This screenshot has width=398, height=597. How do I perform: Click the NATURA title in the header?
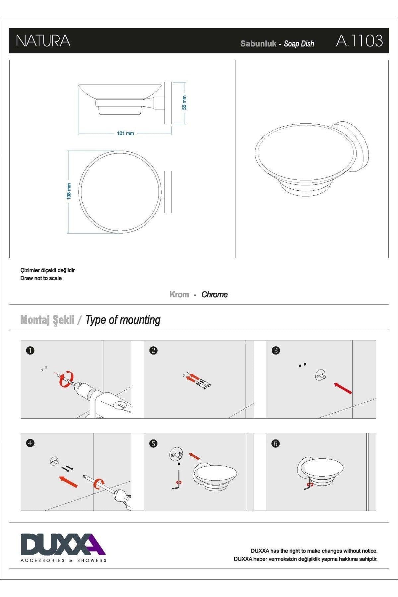point(43,41)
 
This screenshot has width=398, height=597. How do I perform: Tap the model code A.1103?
point(359,41)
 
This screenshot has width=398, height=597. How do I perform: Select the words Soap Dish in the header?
point(299,44)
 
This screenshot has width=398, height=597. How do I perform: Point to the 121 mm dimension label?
point(125,133)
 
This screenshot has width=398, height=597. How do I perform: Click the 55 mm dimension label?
point(184,102)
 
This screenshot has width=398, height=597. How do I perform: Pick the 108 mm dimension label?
point(69,191)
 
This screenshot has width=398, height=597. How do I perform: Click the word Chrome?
point(215,295)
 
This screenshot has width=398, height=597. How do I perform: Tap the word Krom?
point(179,295)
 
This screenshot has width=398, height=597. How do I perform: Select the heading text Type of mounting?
point(123,320)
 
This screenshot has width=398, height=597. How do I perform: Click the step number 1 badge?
point(30,351)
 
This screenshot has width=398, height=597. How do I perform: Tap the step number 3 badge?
point(276,351)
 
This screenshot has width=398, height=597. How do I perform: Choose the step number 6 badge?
point(276,443)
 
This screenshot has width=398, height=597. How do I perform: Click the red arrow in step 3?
point(343,388)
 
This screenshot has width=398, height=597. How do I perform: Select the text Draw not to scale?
point(41,278)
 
